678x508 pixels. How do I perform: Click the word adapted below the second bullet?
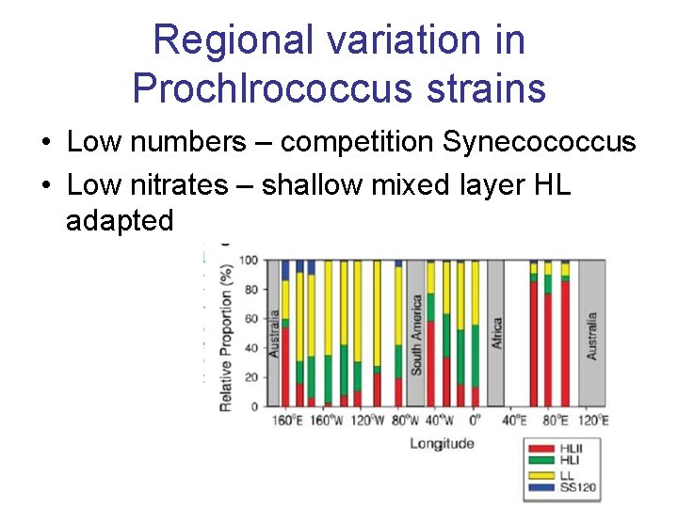coord(120,221)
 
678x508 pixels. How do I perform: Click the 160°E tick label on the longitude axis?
coord(286,421)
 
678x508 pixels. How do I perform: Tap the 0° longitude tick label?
coord(475,421)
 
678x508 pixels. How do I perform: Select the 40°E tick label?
coord(516,421)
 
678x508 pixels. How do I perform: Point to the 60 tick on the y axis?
coord(250,319)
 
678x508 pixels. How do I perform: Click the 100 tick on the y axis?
coord(248,261)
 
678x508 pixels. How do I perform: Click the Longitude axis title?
coord(442,443)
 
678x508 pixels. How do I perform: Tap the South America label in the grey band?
coord(415,335)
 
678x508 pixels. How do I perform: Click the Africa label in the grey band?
coord(497,335)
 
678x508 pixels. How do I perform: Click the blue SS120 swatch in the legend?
coord(538,486)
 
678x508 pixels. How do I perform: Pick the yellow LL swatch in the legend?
coord(538,474)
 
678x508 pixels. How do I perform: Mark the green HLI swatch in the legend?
coord(538,462)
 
